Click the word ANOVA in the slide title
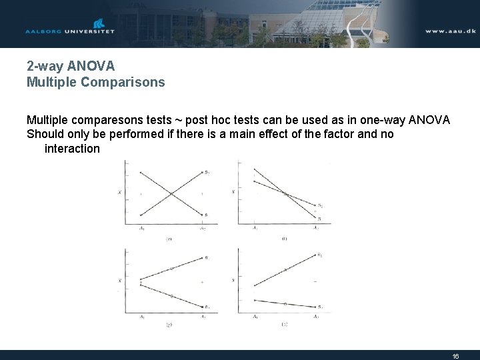[x=89, y=67]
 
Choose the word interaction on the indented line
[x=72, y=149]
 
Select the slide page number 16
[x=456, y=356]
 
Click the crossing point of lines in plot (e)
[x=171, y=194]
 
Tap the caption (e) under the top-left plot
[x=170, y=237]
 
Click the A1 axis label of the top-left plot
[x=141, y=229]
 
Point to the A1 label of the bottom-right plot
[x=255, y=317]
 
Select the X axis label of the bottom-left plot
[x=119, y=281]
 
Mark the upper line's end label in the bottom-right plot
[x=320, y=255]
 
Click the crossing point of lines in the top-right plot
[x=286, y=194]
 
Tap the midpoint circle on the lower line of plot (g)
[x=171, y=295]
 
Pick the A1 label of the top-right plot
[x=255, y=229]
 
